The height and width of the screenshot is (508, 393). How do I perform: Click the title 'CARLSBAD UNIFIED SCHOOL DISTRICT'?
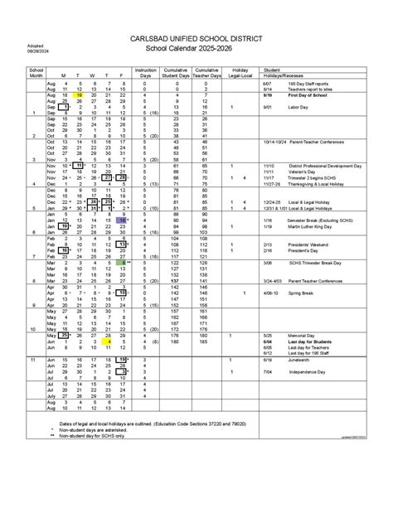click(196, 39)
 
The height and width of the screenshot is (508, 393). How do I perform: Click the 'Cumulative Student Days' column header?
click(177, 74)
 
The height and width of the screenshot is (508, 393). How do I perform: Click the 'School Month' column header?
click(36, 74)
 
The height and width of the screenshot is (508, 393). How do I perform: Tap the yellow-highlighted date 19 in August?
click(80, 95)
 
